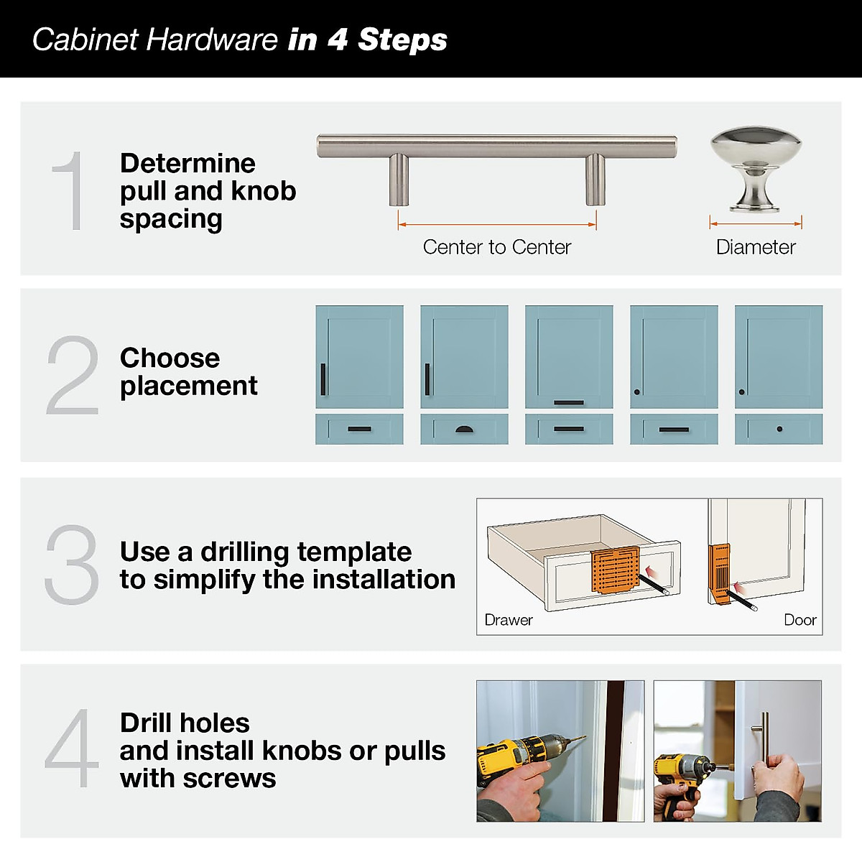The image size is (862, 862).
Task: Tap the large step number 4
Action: pos(71,749)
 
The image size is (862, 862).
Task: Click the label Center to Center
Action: pos(496,247)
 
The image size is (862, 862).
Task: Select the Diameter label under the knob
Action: pos(756,247)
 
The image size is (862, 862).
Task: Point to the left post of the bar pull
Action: pos(399,179)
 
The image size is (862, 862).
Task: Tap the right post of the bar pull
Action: pos(595,179)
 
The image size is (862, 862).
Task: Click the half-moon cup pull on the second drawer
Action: pos(465,430)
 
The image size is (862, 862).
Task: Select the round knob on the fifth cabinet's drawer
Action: pos(779,430)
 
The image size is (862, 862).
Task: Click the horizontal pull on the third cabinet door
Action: pos(569,402)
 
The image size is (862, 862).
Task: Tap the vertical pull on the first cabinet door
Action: pos(323,379)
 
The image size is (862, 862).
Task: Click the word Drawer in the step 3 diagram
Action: pos(509,620)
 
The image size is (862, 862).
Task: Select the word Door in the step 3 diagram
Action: pos(800,620)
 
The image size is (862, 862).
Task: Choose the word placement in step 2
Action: pos(188,386)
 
